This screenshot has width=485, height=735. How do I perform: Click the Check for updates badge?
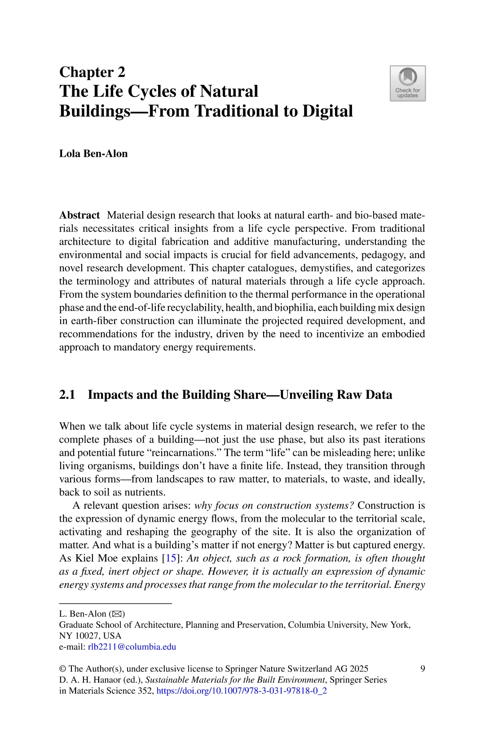pyautogui.click(x=407, y=84)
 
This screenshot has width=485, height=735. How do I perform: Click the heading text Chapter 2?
pyautogui.click(x=92, y=72)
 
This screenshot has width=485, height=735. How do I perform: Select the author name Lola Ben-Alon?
pyautogui.click(x=93, y=154)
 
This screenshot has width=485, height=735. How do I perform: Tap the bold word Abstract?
pyautogui.click(x=79, y=215)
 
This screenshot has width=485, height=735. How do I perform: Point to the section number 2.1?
pyautogui.click(x=67, y=395)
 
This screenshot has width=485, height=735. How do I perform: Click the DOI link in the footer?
pyautogui.click(x=241, y=691)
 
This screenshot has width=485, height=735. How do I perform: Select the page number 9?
pyautogui.click(x=423, y=669)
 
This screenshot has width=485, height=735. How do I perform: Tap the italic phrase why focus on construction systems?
pyautogui.click(x=274, y=506)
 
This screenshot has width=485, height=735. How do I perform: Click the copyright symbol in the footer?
pyautogui.click(x=62, y=669)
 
